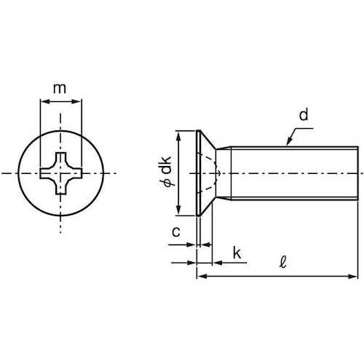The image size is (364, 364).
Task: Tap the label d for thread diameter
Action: [x=303, y=114]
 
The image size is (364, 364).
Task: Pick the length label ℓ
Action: [x=280, y=260]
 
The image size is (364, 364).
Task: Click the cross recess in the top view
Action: [x=60, y=173]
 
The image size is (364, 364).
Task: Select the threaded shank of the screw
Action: [x=291, y=173]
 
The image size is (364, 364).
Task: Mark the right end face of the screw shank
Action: [x=357, y=173]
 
